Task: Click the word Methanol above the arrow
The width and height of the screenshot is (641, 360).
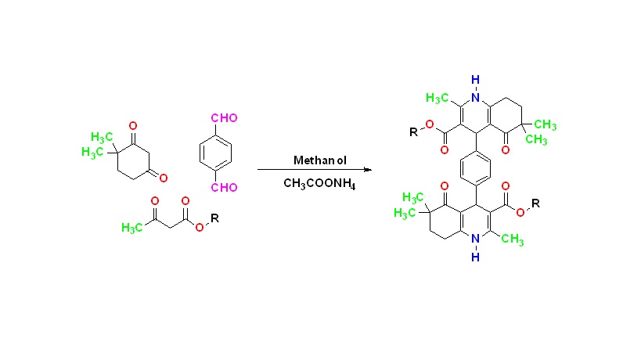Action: pyautogui.click(x=320, y=160)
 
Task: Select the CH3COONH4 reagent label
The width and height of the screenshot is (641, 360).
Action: pyautogui.click(x=319, y=183)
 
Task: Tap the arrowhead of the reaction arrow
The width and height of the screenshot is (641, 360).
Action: pyautogui.click(x=368, y=170)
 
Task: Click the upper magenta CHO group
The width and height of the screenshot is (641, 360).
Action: pyautogui.click(x=224, y=118)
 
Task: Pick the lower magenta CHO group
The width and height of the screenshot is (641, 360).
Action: pyautogui.click(x=224, y=188)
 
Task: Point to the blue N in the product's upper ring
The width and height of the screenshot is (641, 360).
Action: pyautogui.click(x=475, y=97)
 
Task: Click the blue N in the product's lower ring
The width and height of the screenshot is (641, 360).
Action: pyautogui.click(x=475, y=239)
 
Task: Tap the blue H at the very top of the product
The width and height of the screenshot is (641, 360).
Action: pyautogui.click(x=475, y=80)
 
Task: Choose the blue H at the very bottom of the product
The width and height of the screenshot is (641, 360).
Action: pyautogui.click(x=475, y=257)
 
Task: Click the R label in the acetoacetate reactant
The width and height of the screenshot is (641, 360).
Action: pyautogui.click(x=214, y=218)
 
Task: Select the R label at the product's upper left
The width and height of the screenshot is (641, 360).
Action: pyautogui.click(x=414, y=132)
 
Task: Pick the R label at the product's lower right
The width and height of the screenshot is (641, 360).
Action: pyautogui.click(x=535, y=203)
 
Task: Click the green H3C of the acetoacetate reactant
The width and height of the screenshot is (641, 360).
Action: pyautogui.click(x=132, y=228)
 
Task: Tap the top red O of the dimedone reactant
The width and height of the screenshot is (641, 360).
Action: pyautogui.click(x=133, y=125)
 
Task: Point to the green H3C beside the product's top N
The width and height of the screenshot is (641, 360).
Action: pyautogui.click(x=437, y=98)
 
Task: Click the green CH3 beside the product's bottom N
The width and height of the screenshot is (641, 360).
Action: pyautogui.click(x=512, y=239)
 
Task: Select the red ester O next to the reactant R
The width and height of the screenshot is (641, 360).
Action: pyautogui.click(x=199, y=227)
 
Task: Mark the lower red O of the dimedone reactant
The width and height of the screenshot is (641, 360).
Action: pyautogui.click(x=164, y=178)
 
